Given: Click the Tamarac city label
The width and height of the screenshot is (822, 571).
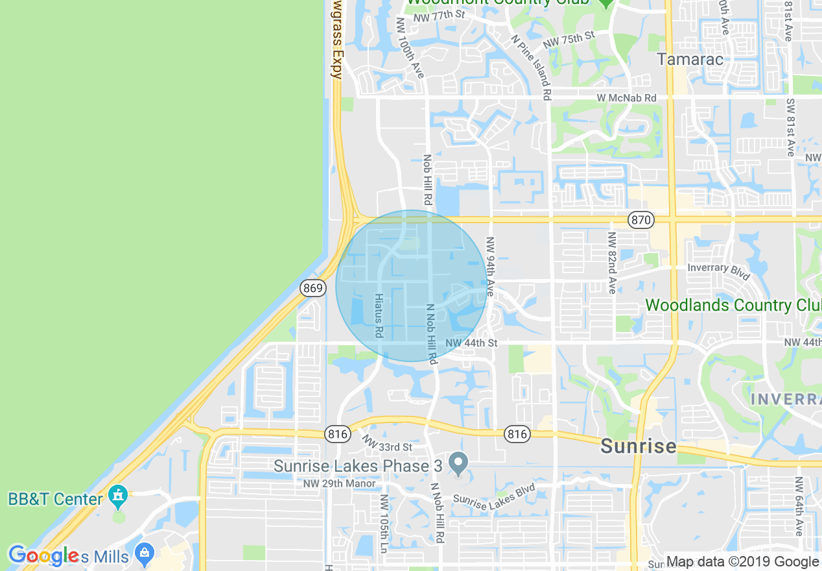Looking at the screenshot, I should click(690, 59).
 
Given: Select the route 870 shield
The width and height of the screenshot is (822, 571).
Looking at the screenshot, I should click(640, 221).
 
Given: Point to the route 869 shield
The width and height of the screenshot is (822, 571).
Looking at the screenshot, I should click(312, 287).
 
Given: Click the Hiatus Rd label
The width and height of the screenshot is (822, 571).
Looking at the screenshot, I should click(379, 315).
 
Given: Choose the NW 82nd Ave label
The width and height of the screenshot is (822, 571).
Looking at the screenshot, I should click(611, 263).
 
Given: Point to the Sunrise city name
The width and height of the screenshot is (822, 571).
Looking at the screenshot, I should click(638, 446).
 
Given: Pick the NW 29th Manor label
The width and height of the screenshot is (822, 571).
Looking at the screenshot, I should click(339, 483).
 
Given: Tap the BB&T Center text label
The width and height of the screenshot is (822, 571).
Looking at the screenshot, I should click(55, 499).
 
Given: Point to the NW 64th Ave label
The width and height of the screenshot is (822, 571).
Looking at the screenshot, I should click(799, 506).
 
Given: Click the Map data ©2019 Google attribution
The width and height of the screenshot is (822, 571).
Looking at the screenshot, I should click(742, 562).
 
